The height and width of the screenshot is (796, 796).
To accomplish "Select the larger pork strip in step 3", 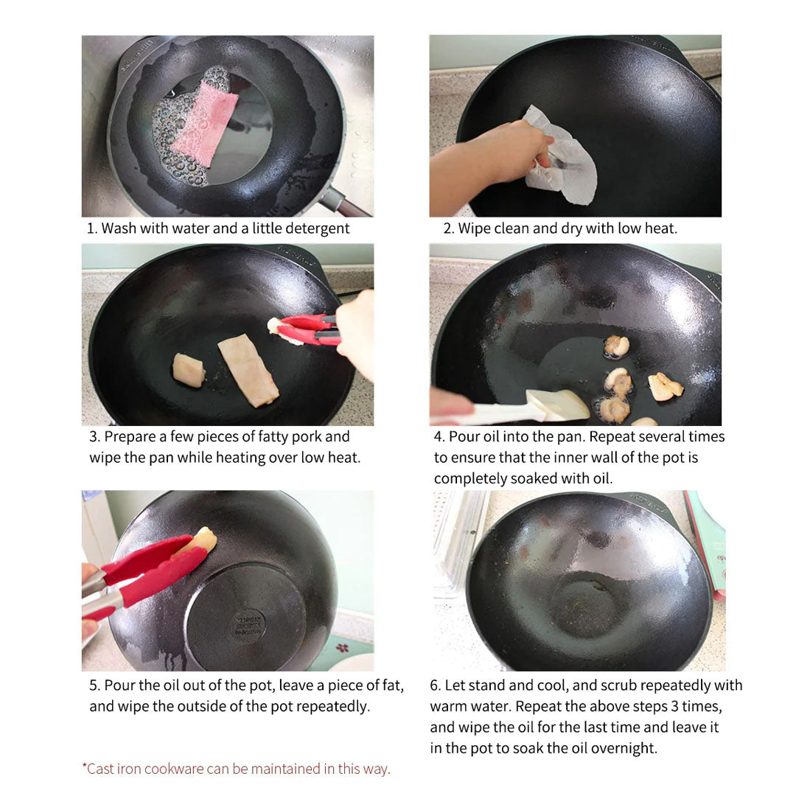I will click(248, 369).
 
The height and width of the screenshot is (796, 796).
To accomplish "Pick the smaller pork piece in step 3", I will click(189, 369).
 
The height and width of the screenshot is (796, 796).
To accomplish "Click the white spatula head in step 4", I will click(557, 405).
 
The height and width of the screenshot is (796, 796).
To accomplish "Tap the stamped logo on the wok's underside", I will click(248, 626).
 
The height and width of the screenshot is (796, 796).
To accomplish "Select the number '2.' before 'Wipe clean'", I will click(448, 228).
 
